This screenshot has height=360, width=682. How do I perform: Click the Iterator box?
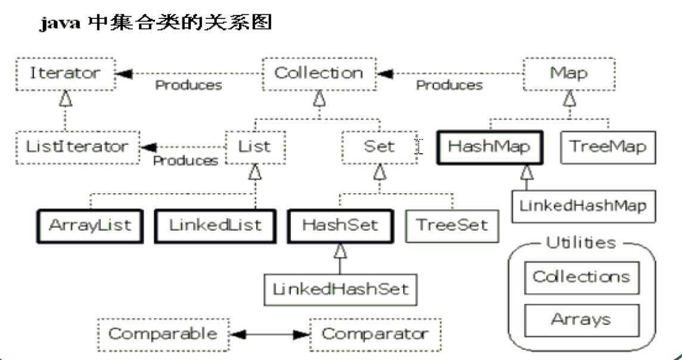coord(65,73)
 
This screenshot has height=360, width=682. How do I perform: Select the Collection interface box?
coord(319,73)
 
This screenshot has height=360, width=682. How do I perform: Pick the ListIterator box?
coord(77,146)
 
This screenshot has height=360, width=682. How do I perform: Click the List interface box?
coord(255,146)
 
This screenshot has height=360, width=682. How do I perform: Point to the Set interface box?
coord(379,146)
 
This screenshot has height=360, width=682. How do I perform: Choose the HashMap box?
coord(489,147)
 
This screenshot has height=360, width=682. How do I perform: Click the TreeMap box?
coord(607,147)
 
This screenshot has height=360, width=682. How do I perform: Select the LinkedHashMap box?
coord(583,206)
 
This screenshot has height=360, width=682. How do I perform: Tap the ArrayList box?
coord(90,225)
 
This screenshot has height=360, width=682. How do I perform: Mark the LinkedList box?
coord(215,225)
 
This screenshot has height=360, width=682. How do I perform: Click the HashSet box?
coord(340,225)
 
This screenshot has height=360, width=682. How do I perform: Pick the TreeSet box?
coord(452,225)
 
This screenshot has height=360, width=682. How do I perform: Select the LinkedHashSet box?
coord(340,289)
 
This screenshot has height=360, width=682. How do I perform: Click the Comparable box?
coord(163,334)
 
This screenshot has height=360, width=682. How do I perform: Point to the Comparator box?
coord(375,334)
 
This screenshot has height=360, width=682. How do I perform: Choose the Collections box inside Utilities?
coord(581,277)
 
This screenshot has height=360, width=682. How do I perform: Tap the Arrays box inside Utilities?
coord(581,320)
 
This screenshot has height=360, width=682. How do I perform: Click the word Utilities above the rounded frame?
coord(581,243)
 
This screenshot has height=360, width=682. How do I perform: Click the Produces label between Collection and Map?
coord(449,85)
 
